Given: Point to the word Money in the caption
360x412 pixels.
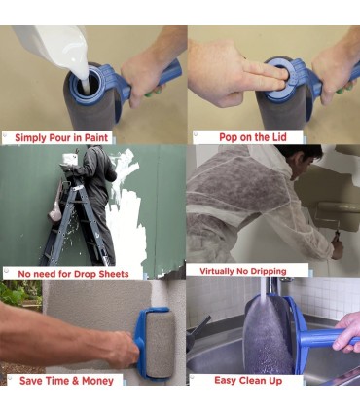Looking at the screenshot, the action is (x=97, y=381).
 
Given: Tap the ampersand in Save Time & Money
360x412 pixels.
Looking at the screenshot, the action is (x=75, y=381).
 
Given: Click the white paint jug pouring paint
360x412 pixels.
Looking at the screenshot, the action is (x=52, y=47).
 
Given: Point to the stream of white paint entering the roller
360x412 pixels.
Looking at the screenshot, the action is (x=86, y=85).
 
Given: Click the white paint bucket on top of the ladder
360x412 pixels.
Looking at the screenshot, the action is (x=70, y=159).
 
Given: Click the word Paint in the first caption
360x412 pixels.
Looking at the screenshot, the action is (x=96, y=137).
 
